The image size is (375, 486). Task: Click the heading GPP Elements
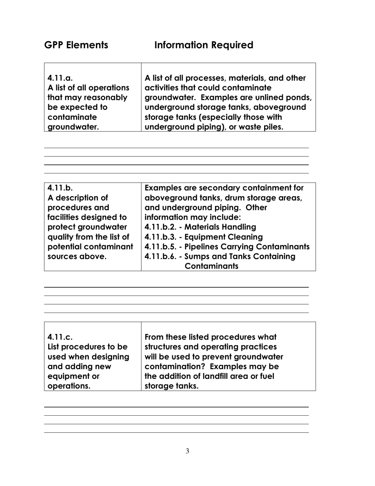click(76, 45)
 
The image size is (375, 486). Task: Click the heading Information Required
click(204, 45)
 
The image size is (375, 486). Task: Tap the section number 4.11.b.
click(58, 187)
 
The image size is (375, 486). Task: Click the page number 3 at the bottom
click(187, 451)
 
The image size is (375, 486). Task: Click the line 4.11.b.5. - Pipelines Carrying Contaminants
click(227, 247)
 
